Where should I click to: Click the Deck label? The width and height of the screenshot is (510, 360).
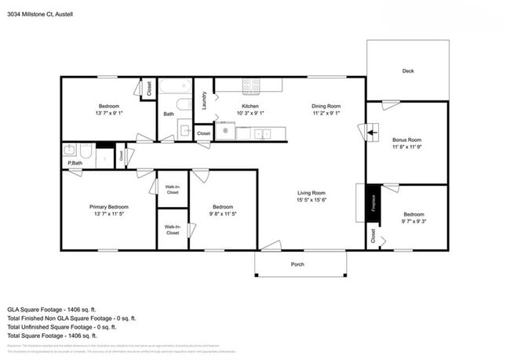(407, 71)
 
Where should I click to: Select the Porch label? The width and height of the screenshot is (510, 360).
(297, 264)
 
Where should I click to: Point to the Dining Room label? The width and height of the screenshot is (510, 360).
(326, 106)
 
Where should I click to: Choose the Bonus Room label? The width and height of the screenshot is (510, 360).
(407, 140)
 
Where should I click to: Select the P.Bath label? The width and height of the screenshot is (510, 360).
(75, 162)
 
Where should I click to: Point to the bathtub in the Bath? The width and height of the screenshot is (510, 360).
(175, 103)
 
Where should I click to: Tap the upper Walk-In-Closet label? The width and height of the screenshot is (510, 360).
(173, 189)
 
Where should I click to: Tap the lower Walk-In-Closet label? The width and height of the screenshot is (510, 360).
(173, 229)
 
